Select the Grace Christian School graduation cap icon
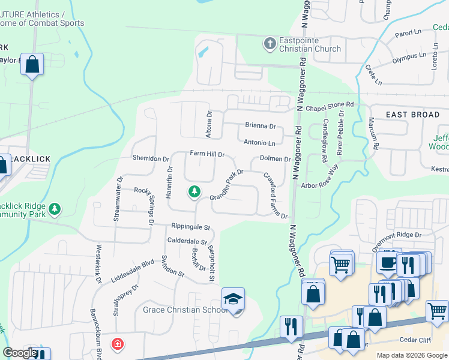tap(233, 299)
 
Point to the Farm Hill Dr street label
tap(207, 154)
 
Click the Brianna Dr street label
tap(260, 126)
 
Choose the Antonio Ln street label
tap(259, 143)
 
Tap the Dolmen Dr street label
tap(275, 159)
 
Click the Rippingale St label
tap(190, 227)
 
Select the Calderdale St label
tap(187, 241)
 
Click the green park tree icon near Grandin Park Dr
tap(194, 193)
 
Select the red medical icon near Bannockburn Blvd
tap(118, 344)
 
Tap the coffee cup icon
tap(387, 262)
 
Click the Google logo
tap(20, 353)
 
